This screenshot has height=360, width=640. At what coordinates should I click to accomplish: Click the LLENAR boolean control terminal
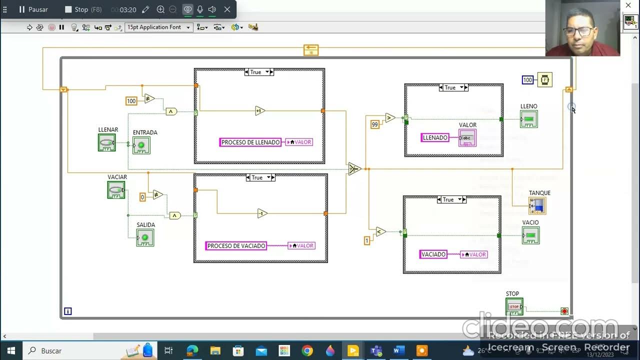[106, 142]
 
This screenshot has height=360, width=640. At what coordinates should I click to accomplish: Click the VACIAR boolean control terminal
[116, 190]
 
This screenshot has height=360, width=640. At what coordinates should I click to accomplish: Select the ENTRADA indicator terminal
[141, 145]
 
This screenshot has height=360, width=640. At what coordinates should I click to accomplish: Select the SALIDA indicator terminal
[145, 237]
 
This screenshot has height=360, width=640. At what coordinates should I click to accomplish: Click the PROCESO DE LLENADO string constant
[250, 142]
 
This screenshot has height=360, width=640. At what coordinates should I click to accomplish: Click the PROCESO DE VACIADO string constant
[236, 246]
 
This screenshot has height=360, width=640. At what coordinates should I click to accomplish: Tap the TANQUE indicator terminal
[537, 205]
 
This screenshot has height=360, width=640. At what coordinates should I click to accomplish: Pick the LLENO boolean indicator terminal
[529, 119]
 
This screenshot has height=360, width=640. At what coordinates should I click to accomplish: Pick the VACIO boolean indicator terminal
[530, 235]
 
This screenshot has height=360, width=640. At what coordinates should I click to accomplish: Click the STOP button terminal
[514, 306]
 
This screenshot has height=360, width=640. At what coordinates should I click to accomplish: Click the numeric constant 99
[374, 124]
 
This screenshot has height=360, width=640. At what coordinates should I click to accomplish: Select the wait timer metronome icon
[544, 79]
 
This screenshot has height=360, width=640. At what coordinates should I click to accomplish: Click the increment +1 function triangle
[259, 111]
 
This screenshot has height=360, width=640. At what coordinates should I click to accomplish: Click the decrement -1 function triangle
[262, 213]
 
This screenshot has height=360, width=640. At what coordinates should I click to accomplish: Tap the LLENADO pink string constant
[435, 137]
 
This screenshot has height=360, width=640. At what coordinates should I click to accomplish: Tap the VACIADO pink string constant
[433, 254]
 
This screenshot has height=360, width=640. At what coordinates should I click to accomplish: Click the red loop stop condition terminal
[564, 311]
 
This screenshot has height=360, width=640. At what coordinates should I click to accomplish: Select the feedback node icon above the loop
[311, 50]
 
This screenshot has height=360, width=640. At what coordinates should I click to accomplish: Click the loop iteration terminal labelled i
[68, 311]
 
